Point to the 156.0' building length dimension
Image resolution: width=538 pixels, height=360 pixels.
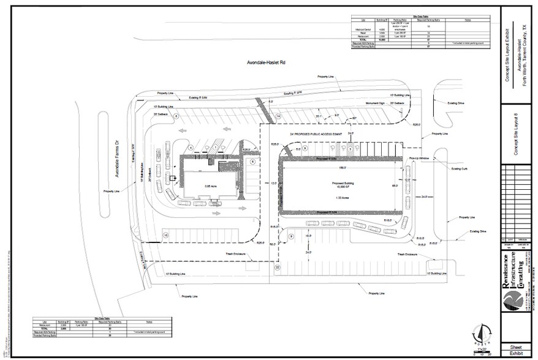tap(341, 167)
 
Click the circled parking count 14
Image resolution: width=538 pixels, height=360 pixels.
tap(278, 116)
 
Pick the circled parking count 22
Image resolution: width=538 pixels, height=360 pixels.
tap(277, 268)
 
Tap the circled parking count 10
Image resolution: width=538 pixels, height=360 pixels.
tap(165, 235)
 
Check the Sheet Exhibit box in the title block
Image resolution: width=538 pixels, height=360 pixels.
tap(516, 349)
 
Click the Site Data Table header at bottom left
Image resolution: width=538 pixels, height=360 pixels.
tap(102, 319)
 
